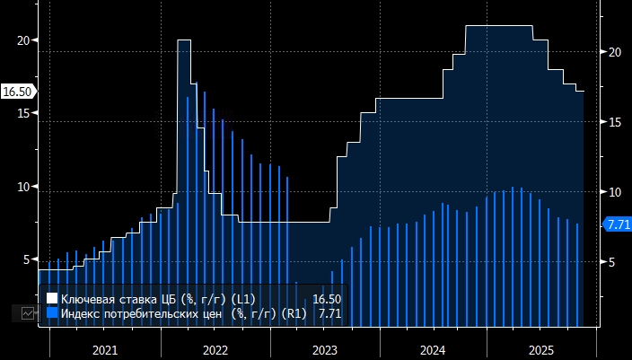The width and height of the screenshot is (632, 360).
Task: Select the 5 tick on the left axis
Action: point(24,259)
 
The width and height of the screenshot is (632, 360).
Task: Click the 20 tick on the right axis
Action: point(615,52)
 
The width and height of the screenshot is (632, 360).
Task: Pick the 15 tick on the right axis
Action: point(615,122)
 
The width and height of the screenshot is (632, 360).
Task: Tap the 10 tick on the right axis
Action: point(615,192)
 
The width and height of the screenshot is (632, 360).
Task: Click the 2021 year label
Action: point(104,349)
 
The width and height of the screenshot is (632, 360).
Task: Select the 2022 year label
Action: point(215,349)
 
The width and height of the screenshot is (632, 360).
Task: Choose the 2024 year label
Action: point(434,349)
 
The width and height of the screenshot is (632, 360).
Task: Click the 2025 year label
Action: point(542,349)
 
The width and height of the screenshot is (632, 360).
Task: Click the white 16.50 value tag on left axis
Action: point(17,92)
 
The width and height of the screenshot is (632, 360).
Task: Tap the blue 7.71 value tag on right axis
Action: point(618,224)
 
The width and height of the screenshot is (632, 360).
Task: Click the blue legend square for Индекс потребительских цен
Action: point(51,313)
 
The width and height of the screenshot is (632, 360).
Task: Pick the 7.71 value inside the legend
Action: point(329,313)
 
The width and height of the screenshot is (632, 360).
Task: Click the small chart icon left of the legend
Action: point(29,313)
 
